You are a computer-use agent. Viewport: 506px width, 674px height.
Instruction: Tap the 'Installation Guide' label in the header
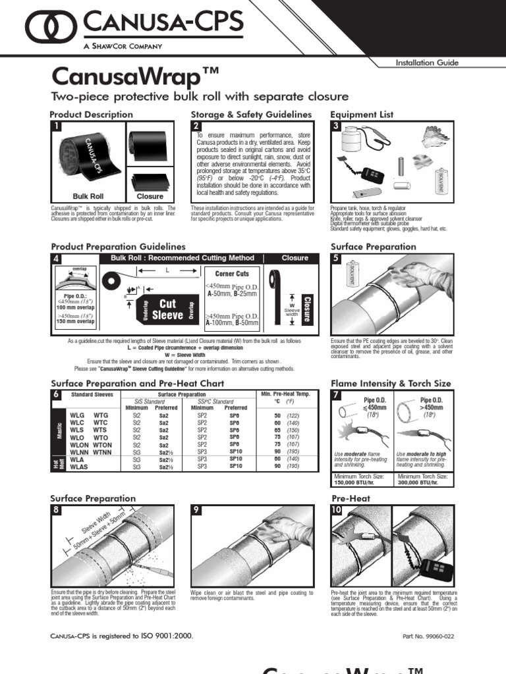click(426, 63)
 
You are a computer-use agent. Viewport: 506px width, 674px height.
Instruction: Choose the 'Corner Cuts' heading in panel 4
click(231, 273)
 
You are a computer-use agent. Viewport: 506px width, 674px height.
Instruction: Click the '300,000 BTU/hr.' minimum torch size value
click(422, 482)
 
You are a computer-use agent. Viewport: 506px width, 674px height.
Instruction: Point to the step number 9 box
click(196, 510)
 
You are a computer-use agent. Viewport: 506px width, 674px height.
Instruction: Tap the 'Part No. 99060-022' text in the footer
click(429, 636)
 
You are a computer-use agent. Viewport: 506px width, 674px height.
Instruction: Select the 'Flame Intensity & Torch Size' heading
click(391, 382)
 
